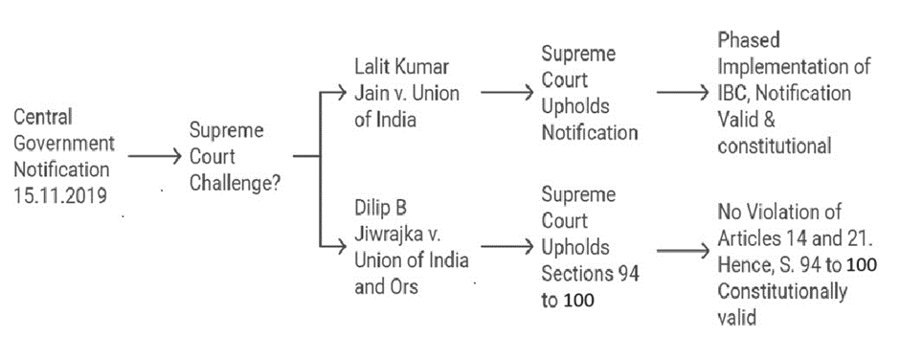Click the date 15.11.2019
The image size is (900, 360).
pyautogui.click(x=61, y=195)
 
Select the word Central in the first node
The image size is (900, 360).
pyautogui.click(x=43, y=117)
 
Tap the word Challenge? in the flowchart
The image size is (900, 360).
pyautogui.click(x=236, y=183)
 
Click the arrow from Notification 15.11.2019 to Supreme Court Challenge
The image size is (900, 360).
pyautogui.click(x=154, y=156)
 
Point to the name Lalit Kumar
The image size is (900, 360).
pyautogui.click(x=402, y=67)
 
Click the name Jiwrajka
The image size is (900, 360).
pyautogui.click(x=392, y=235)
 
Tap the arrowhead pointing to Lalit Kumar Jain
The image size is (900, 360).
pyautogui.click(x=342, y=91)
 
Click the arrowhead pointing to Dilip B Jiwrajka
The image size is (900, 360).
pyautogui.click(x=342, y=246)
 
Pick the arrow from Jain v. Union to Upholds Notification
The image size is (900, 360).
pyautogui.click(x=507, y=92)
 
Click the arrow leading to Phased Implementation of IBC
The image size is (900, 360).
pyautogui.click(x=683, y=93)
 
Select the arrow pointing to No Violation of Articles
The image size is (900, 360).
pyautogui.click(x=683, y=250)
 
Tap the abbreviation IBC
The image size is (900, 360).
pyautogui.click(x=732, y=93)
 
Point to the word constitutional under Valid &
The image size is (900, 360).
pyautogui.click(x=775, y=146)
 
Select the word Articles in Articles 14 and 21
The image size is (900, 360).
pyautogui.click(x=748, y=238)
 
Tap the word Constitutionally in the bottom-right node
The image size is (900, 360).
pyautogui.click(x=782, y=292)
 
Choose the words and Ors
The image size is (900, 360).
pyautogui.click(x=386, y=286)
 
